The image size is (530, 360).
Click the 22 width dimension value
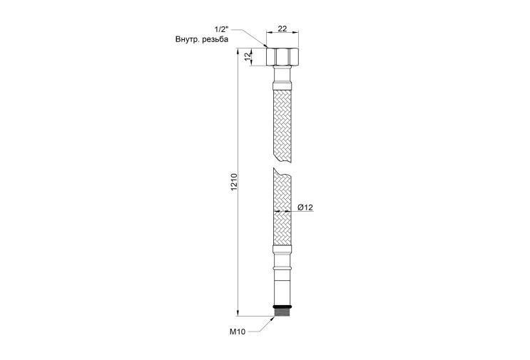tap(282, 29)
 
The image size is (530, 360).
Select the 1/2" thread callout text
tap(221, 29)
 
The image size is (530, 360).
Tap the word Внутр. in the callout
tap(187, 39)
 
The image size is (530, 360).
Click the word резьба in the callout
tap(215, 39)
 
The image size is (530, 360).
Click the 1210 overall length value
tap(235, 182)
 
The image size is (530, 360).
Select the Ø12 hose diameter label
tap(305, 207)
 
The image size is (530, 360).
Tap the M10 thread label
tap(238, 332)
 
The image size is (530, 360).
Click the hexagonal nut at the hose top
tap(282, 57)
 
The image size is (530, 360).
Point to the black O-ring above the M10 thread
tap(282, 307)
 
